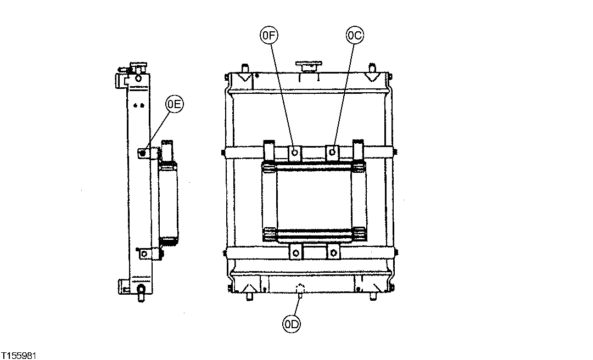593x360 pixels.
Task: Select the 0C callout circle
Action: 354,36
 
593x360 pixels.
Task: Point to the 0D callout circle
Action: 291,325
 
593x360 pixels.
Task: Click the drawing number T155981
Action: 19,355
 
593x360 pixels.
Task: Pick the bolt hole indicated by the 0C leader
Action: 333,152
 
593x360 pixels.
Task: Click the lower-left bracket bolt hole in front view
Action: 296,253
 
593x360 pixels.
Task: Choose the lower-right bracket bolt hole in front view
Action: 333,253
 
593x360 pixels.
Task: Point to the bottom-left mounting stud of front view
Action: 250,296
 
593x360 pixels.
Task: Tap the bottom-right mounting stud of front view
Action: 373,296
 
